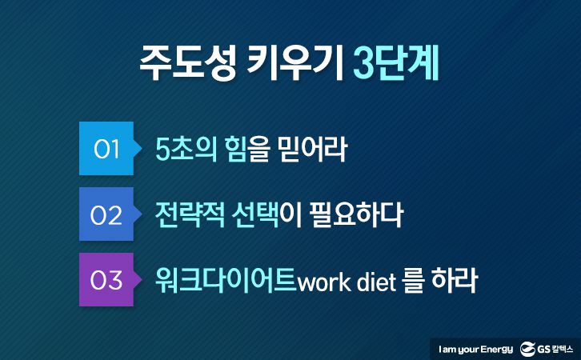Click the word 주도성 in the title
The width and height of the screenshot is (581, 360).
tap(187, 64)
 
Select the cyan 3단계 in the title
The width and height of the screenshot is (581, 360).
tap(395, 64)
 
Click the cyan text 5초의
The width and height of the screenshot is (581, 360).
tap(186, 149)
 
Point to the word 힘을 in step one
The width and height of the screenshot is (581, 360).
tap(246, 149)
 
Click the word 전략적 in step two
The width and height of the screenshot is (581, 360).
tap(190, 215)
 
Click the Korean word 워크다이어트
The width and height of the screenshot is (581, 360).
tap(226, 280)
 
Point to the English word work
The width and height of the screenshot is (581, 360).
tap(325, 282)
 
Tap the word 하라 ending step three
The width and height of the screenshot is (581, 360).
tap(454, 280)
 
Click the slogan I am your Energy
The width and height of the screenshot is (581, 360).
tap(476, 350)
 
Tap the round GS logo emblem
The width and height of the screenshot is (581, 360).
tap(527, 349)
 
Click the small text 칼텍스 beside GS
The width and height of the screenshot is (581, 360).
tap(563, 349)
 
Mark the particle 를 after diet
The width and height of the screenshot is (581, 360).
tap(413, 282)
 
